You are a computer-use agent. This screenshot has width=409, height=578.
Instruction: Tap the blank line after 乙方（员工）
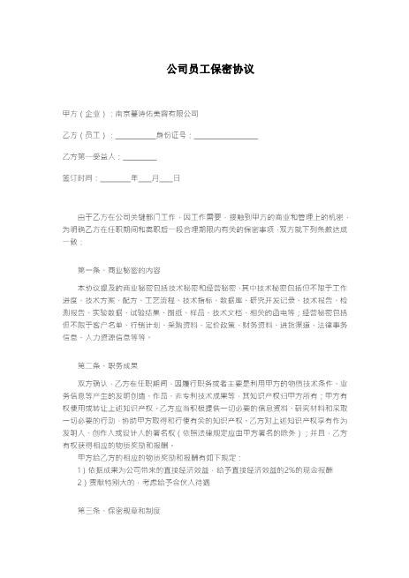coord(135,135)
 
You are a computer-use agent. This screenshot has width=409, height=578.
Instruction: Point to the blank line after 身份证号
coord(225,135)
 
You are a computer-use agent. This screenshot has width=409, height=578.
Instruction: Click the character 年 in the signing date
coord(133,177)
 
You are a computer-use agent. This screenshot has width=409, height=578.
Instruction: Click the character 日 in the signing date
coord(177,177)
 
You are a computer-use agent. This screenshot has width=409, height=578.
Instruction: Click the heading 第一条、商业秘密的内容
coord(120,268)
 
